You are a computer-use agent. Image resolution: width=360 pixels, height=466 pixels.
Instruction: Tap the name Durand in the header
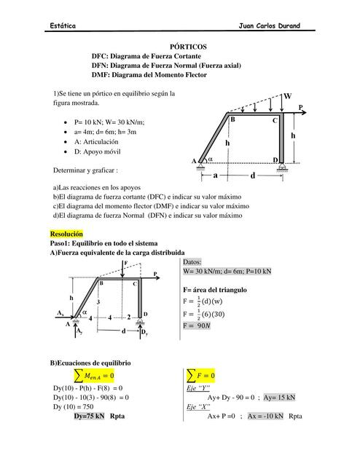click(286, 25)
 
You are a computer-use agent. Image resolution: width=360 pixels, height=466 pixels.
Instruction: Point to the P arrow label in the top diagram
click(300, 106)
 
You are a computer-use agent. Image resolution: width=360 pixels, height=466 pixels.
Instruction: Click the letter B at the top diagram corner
click(232, 119)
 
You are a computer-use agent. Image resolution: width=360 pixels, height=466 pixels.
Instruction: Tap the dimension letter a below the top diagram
click(216, 175)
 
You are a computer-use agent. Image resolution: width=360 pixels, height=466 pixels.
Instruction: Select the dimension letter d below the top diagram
click(253, 175)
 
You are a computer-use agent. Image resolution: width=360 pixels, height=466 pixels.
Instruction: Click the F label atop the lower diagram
click(126, 261)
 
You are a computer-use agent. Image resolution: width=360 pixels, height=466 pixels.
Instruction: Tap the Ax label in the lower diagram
click(60, 312)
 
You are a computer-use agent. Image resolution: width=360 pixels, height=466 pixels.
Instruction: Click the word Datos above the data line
click(193, 261)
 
